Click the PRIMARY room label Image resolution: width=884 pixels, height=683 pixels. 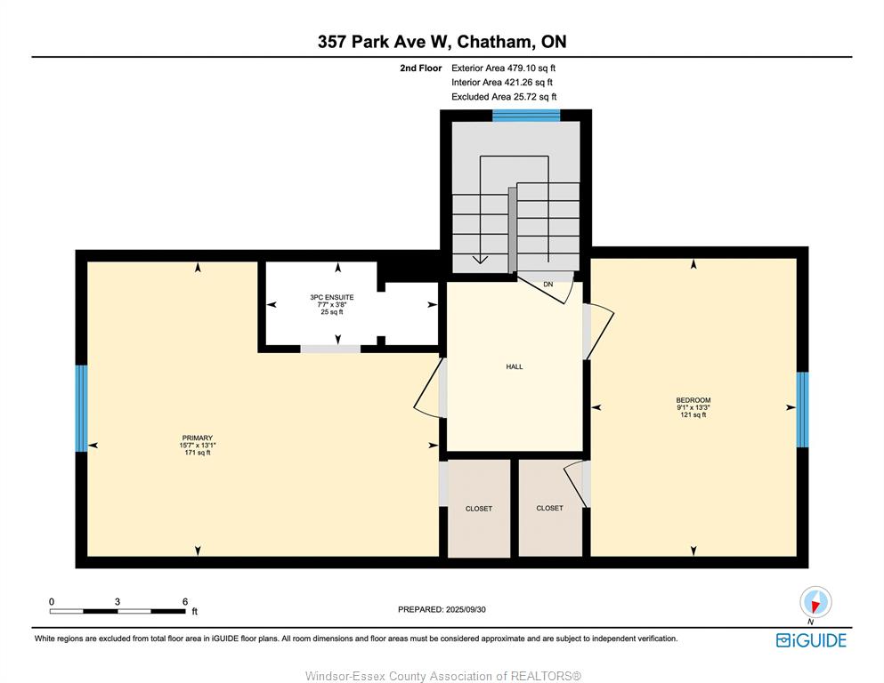click(198, 438)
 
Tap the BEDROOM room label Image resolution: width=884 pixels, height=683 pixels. click(693, 400)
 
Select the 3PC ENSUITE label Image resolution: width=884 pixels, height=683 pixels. click(331, 297)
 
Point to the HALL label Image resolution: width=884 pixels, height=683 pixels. click(515, 366)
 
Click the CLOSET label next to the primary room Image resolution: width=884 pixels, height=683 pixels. click(479, 509)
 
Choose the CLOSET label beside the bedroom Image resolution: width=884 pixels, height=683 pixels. click(549, 508)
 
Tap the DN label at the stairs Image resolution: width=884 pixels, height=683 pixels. click(548, 285)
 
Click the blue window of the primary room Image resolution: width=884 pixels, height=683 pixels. click(82, 408)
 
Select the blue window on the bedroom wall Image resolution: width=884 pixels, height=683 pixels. click(802, 409)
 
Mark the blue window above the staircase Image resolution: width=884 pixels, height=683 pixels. click(526, 116)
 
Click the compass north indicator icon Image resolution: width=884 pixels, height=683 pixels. click(815, 602)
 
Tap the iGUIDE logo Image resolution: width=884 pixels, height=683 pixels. click(811, 640)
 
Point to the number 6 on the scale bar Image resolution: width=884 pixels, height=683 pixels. click(185, 601)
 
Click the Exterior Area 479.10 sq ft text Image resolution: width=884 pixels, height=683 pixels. click(504, 68)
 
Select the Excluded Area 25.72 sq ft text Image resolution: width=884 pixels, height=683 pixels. click(504, 97)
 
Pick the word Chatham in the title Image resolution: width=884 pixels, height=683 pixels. click(494, 42)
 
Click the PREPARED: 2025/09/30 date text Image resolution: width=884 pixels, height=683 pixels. click(442, 609)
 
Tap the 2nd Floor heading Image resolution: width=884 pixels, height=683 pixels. click(420, 68)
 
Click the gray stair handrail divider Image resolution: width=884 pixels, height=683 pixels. click(513, 229)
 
